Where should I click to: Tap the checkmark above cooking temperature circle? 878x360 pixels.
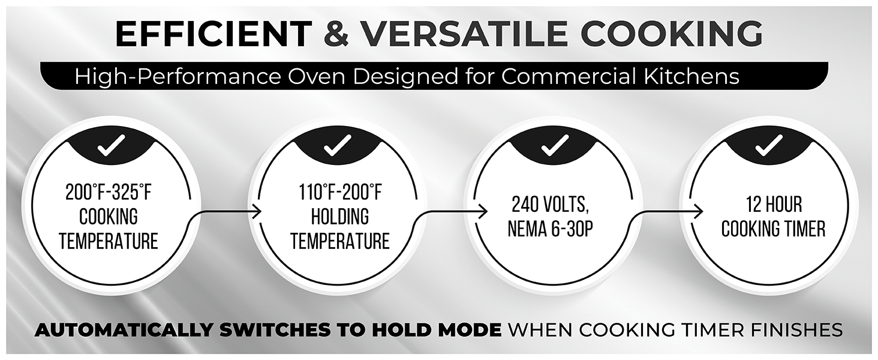point(111,145)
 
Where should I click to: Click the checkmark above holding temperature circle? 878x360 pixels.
point(338,145)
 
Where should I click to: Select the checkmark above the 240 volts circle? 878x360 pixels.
point(554,145)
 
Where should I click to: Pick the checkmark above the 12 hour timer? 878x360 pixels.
point(769,145)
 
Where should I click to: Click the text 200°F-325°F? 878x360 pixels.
point(109,193)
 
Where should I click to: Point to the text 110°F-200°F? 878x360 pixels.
point(340,193)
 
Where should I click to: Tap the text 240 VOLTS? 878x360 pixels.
point(550,205)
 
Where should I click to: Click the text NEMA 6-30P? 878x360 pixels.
point(550,229)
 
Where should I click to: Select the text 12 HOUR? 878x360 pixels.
point(774,205)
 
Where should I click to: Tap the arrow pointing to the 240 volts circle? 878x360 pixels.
point(451,218)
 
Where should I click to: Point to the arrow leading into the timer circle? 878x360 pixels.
point(666,218)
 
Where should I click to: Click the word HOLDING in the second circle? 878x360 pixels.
point(340,217)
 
